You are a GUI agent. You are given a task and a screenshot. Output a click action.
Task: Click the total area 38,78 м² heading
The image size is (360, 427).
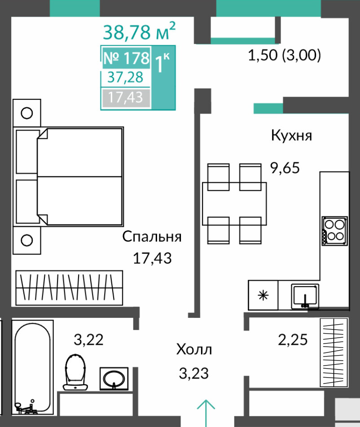pos(139,31)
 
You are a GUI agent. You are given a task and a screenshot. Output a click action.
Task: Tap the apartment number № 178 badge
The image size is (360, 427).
pos(126,58)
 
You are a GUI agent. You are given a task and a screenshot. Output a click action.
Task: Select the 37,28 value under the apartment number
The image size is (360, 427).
pos(125,77)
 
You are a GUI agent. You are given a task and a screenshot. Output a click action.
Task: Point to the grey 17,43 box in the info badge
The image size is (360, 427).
pos(126,97)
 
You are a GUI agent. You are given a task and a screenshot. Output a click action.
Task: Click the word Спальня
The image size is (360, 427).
pos(152,237)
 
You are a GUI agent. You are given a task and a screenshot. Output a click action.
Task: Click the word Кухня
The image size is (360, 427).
pos(291,135)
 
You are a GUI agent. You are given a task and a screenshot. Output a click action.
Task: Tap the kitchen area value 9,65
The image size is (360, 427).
pos(285,168)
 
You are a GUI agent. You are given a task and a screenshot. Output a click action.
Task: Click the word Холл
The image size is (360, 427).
pos(194,349)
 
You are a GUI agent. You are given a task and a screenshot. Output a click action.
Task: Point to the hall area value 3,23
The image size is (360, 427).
pos(194,373)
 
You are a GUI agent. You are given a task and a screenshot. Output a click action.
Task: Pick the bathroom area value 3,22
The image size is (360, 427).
pos(89,340)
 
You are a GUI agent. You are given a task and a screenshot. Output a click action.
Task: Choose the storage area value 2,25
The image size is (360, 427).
pos(293,339)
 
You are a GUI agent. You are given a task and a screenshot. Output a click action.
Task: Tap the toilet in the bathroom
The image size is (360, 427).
pos(75,372)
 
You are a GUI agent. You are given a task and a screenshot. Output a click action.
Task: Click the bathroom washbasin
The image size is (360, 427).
pos(114,378)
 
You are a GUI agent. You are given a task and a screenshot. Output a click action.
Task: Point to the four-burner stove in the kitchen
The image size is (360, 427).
pos(335,231)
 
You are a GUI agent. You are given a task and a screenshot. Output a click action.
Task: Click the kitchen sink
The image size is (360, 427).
pos(305,296)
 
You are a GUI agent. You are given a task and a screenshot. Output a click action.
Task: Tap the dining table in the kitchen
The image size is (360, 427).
pos(234,204)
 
